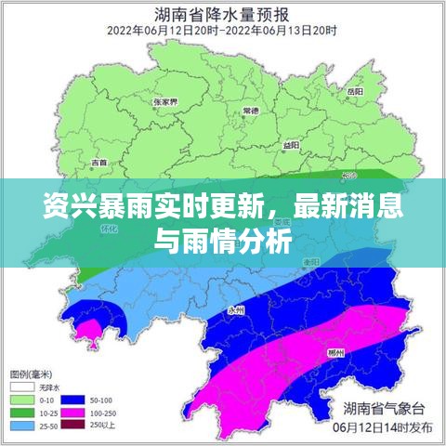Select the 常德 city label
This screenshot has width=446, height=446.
pos(251,110)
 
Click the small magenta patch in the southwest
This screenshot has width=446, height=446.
pos(88,327)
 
